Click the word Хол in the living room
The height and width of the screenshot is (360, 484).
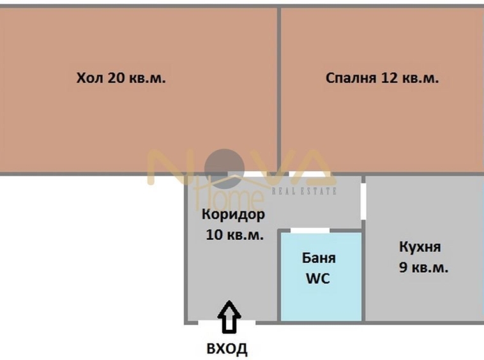coord(88,79)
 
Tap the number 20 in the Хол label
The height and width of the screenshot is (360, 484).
coord(114,79)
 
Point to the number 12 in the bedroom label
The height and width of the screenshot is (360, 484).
coord(390,79)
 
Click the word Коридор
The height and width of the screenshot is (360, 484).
coord(233,214)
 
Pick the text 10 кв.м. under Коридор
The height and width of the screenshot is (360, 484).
coord(234,235)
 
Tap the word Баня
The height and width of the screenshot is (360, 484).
coord(319,259)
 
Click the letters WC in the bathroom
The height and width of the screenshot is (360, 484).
coord(319,279)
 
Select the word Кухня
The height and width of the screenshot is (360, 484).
coord(420,247)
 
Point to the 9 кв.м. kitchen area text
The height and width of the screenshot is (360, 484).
coord(423,267)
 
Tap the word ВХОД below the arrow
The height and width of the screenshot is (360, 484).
coord(227,349)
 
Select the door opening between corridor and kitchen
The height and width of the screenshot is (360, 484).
coord(363,200)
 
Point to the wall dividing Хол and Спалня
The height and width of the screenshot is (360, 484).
coord(278,89)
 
